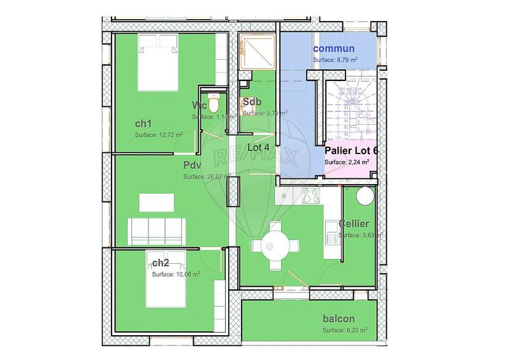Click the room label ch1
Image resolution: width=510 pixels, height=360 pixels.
144,123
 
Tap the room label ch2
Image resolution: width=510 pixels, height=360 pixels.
161,263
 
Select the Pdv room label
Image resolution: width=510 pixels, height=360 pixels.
192,165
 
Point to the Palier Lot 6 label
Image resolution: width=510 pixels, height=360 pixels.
351,151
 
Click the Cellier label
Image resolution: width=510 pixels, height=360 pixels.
354,224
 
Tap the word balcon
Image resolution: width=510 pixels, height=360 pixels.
339,319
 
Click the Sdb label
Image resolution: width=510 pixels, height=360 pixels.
250,102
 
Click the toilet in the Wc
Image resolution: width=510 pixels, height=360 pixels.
217,101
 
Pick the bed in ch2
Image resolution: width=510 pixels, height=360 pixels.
164,287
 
